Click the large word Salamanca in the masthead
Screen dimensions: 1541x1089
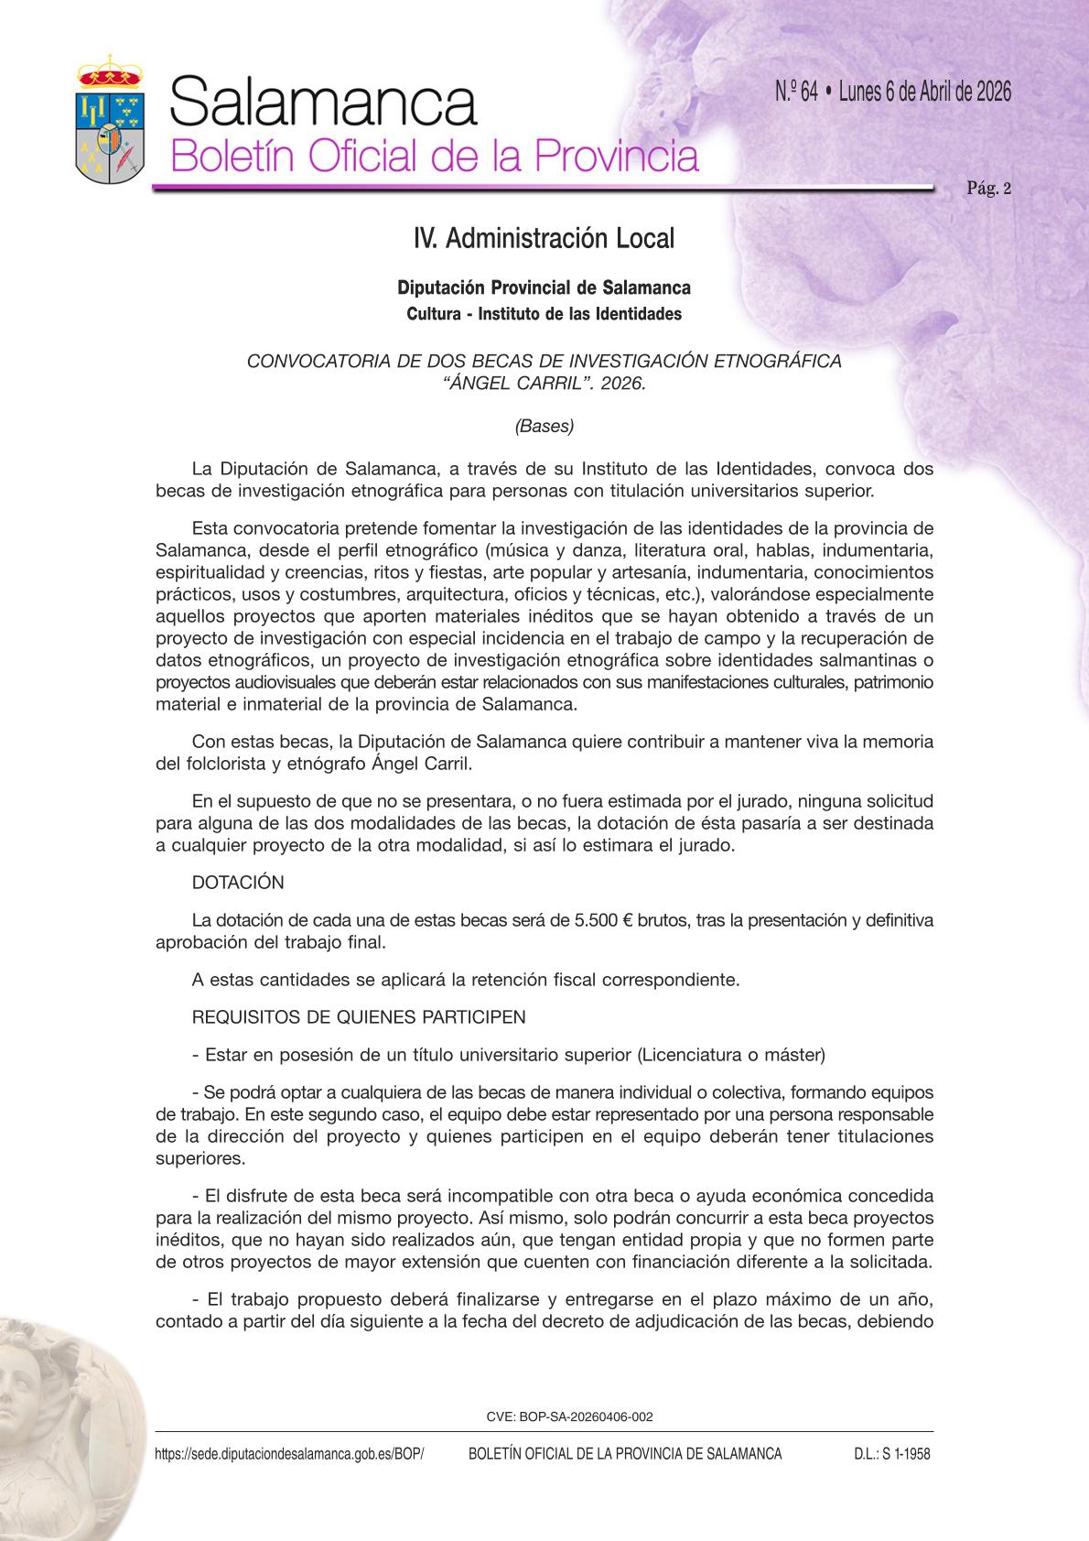pyautogui.click(x=323, y=102)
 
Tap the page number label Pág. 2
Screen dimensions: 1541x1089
pyautogui.click(x=988, y=190)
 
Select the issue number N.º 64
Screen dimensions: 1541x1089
pyautogui.click(x=795, y=92)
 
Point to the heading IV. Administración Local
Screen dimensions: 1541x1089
pyautogui.click(x=544, y=239)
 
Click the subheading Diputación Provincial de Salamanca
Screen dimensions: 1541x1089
pyautogui.click(x=544, y=288)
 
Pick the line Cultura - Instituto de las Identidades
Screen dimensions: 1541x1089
pyautogui.click(x=544, y=314)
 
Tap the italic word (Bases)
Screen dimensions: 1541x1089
pyautogui.click(x=544, y=426)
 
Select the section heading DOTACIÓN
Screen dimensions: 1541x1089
pyautogui.click(x=238, y=883)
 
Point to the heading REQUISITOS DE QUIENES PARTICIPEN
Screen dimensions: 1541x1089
pyautogui.click(x=359, y=1017)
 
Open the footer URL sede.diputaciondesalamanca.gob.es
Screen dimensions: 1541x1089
pyautogui.click(x=290, y=1454)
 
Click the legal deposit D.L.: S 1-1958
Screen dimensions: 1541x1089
pyautogui.click(x=885, y=1454)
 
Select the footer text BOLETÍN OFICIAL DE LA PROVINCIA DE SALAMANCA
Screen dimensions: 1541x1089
pyautogui.click(x=625, y=1454)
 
